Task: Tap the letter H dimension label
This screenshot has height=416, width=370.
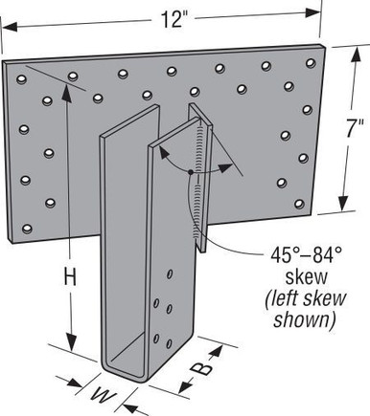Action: pyautogui.click(x=68, y=278)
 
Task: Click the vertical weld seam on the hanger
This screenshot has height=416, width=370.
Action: pyautogui.click(x=199, y=177)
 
